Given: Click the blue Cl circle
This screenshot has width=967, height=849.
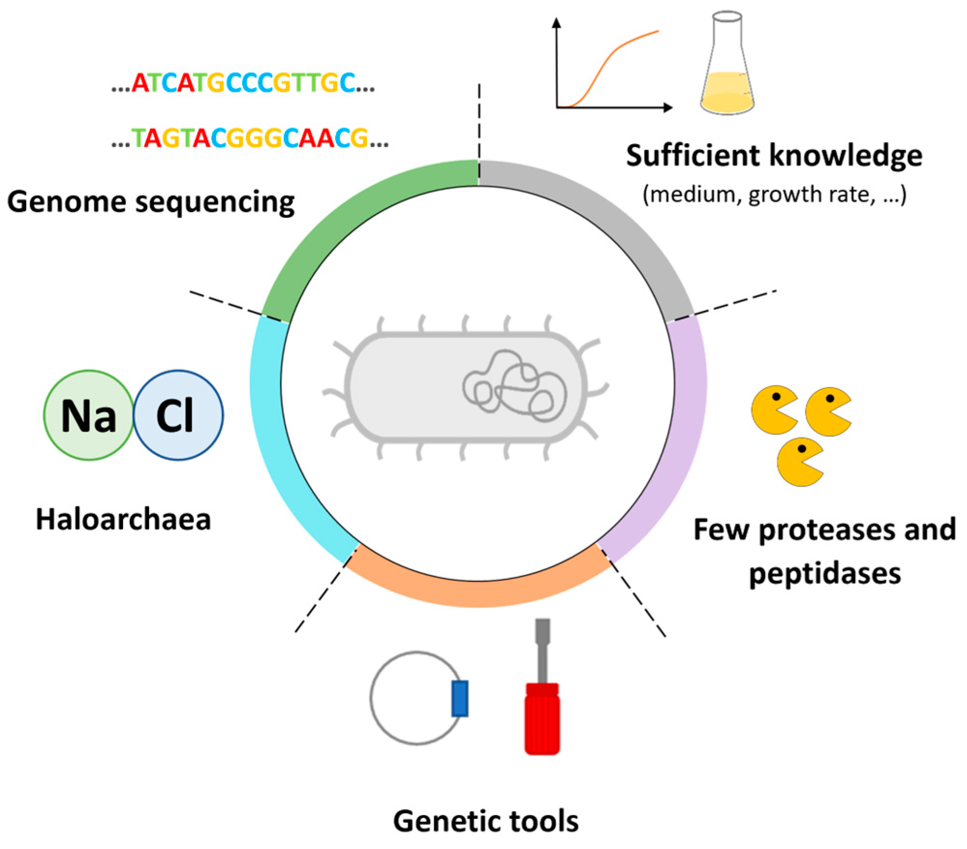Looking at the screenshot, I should [x=178, y=415].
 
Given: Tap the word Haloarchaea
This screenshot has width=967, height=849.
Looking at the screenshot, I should [x=123, y=519].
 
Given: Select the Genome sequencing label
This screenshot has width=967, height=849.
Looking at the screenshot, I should [x=151, y=202].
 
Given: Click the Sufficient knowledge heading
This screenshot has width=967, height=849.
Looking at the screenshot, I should [x=774, y=156].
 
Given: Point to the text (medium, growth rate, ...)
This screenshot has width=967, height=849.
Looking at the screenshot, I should [x=774, y=195].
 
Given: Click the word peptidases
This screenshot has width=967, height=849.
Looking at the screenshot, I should [x=825, y=573].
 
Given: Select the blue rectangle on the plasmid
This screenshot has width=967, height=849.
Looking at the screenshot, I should [x=460, y=698].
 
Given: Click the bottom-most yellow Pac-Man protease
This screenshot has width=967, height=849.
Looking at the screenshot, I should [x=798, y=462].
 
